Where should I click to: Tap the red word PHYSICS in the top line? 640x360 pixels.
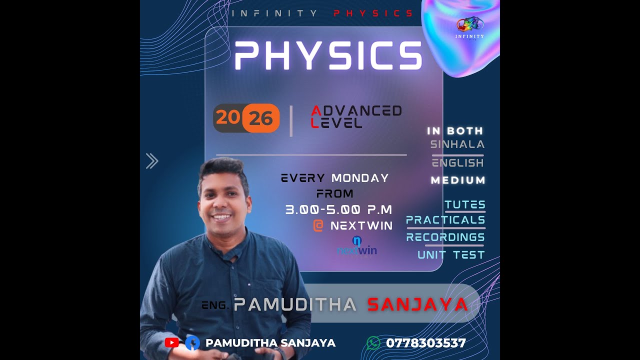373,13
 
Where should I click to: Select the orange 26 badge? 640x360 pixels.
261,118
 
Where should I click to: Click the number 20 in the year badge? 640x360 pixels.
227,118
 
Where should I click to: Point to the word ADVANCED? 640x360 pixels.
356,110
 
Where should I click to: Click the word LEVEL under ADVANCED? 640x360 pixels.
336,123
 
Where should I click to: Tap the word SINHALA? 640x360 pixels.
457,144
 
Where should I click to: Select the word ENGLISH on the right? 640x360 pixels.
458,162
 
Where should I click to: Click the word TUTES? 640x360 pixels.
465,204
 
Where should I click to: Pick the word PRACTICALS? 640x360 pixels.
445,220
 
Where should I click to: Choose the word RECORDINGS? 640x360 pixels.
445,237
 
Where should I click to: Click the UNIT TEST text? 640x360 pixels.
451,255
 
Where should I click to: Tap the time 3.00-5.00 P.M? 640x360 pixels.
338,209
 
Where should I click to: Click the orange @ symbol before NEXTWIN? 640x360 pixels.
318,225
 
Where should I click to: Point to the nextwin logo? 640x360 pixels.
357,246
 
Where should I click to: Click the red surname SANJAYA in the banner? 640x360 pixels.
417,304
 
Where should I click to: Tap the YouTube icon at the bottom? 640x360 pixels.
171,343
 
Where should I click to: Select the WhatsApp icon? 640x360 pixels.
373,343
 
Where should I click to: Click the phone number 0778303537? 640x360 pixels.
425,343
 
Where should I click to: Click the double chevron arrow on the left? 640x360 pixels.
152,161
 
